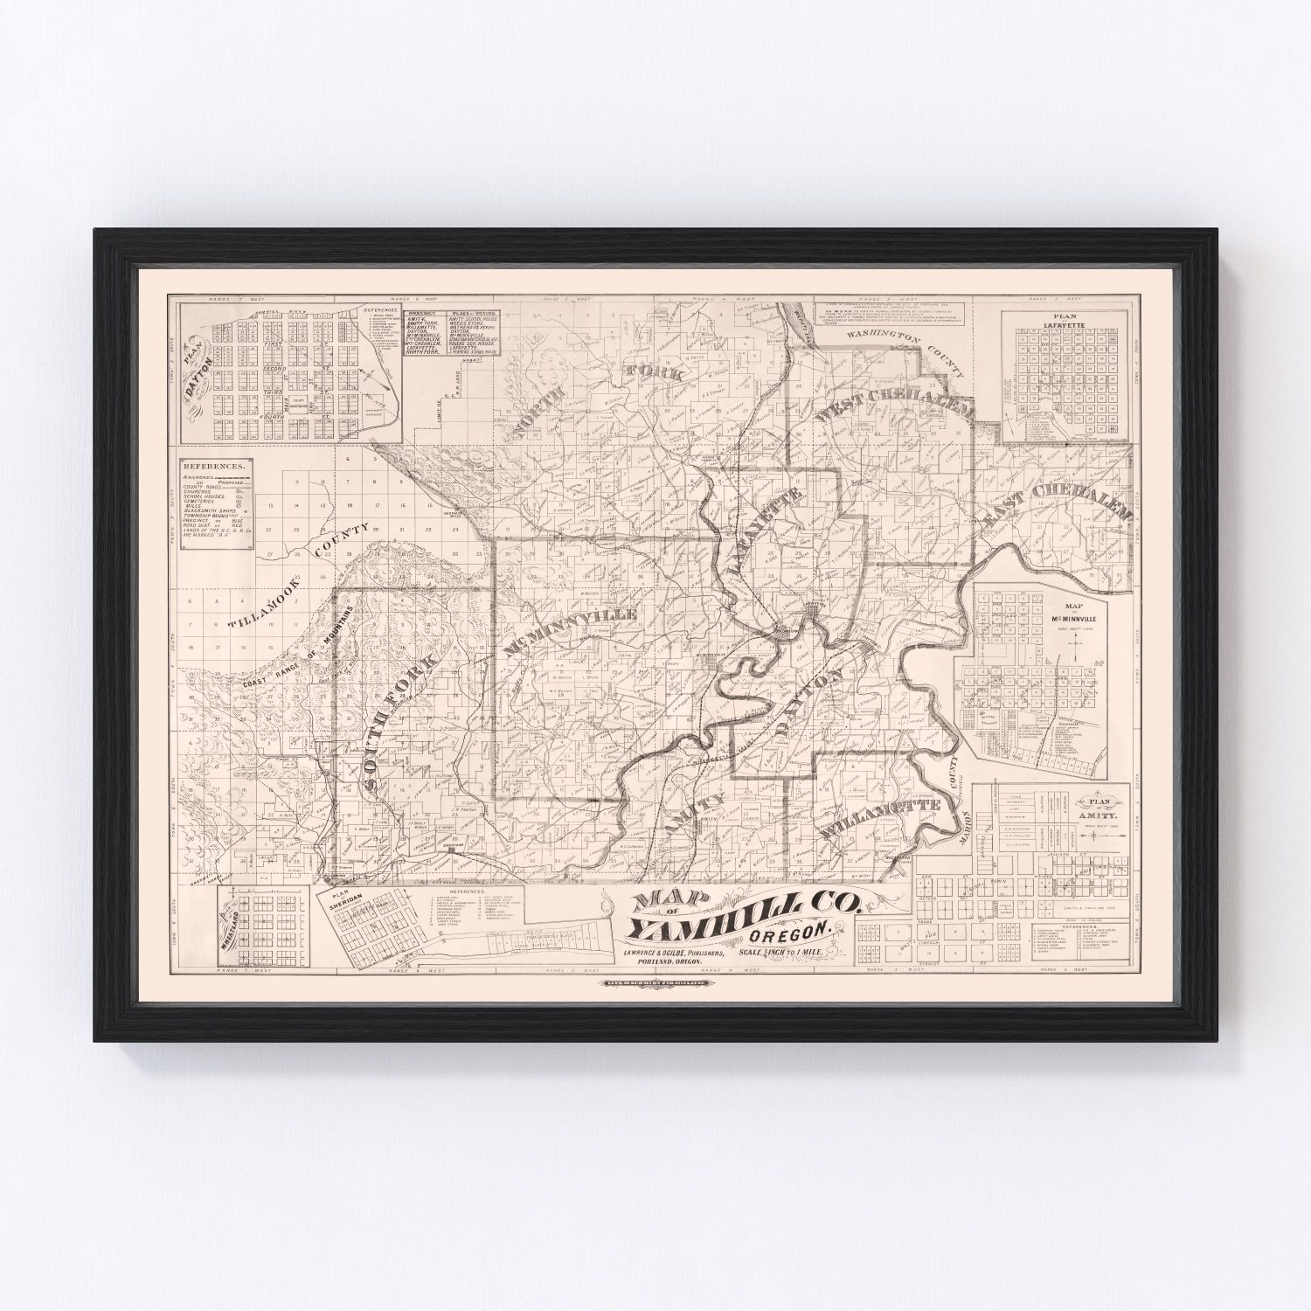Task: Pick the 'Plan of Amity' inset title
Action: pyautogui.click(x=1103, y=804)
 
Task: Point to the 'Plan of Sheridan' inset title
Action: pyautogui.click(x=343, y=901)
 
